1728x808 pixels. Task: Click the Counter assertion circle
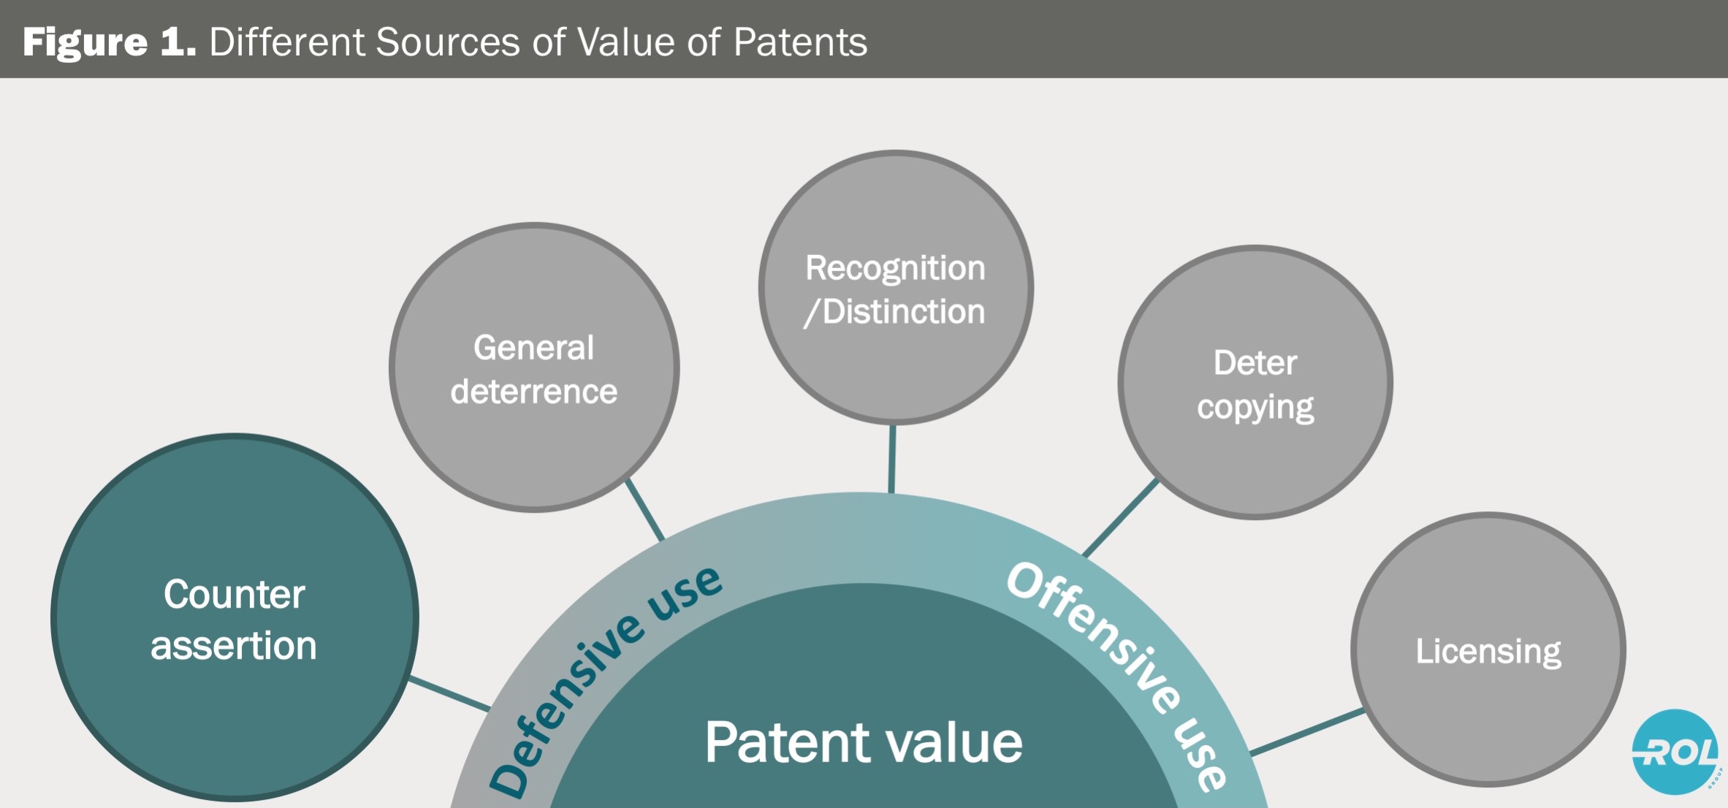[x=234, y=617]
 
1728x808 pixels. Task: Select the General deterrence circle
[x=534, y=367]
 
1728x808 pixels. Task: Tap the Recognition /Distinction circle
[x=895, y=288]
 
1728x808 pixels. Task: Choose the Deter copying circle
[x=1255, y=383]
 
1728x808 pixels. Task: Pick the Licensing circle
[x=1488, y=649]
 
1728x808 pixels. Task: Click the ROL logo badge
[x=1675, y=752]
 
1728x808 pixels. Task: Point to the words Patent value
[x=864, y=742]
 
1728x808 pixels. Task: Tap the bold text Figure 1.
[x=109, y=42]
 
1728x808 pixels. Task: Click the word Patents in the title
[x=800, y=42]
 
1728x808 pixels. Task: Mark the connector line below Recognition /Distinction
[x=891, y=459]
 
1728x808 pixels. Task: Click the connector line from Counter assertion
[x=449, y=693]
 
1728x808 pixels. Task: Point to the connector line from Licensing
[x=1306, y=731]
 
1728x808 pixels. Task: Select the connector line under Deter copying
[x=1120, y=518]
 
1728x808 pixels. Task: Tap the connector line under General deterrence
[x=645, y=510]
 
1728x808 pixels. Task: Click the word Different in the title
[x=286, y=42]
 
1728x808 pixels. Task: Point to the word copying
[x=1255, y=408]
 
